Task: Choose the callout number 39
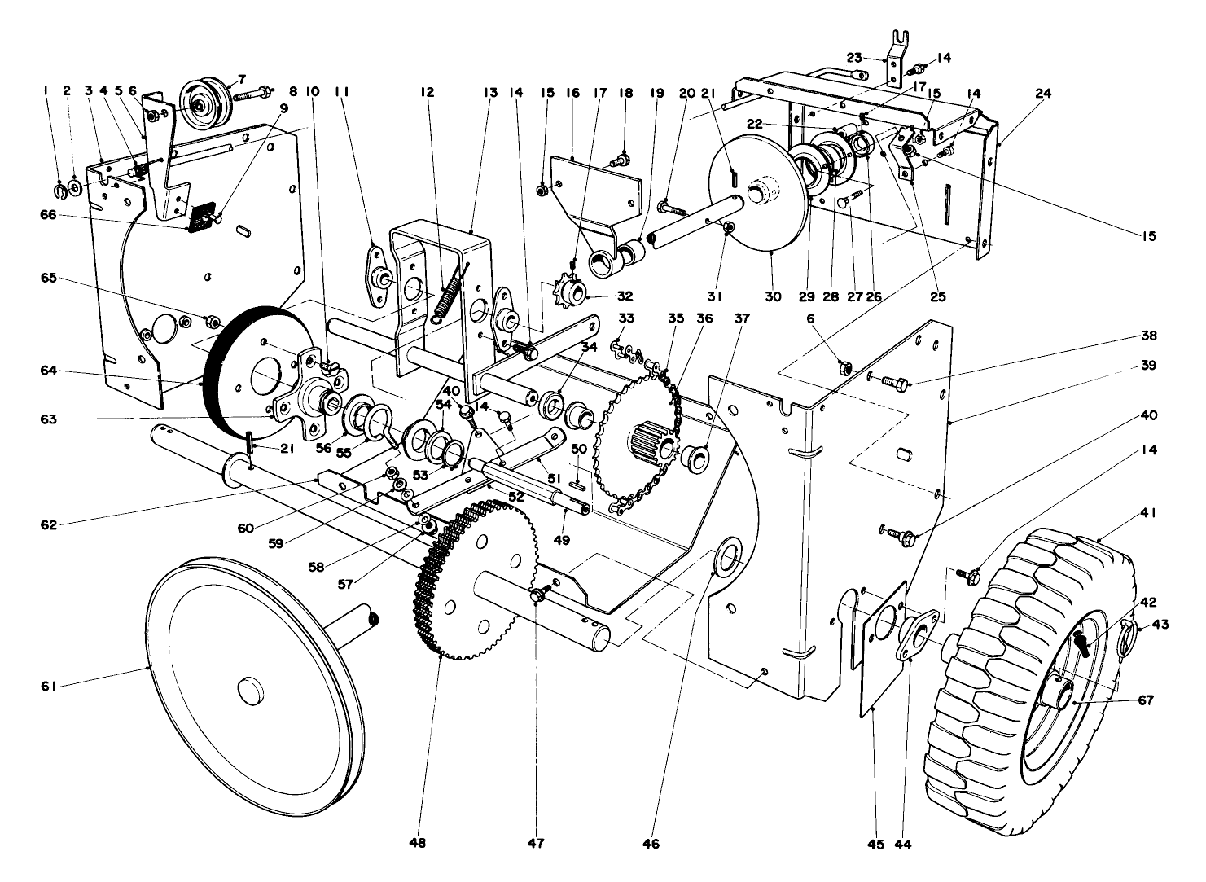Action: click(x=1147, y=366)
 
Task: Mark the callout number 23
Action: click(x=853, y=57)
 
